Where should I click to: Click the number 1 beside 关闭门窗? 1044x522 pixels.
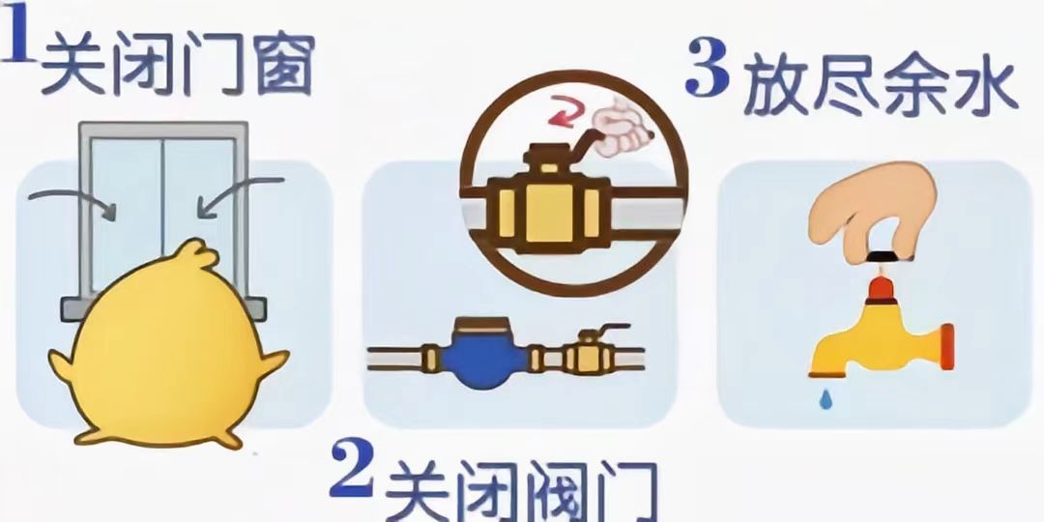point(17,32)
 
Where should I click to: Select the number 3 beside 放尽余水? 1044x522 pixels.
point(707,68)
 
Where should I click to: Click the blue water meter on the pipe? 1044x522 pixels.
point(483,353)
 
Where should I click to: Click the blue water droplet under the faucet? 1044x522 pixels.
point(826,399)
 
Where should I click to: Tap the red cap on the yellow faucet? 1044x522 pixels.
point(880,289)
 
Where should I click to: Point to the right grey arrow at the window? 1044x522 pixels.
point(240,194)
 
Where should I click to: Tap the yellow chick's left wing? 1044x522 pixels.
point(61,366)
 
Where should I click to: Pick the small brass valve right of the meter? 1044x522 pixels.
point(587,352)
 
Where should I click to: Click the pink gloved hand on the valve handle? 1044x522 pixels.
point(621,128)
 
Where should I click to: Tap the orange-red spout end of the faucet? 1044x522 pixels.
point(946,347)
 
